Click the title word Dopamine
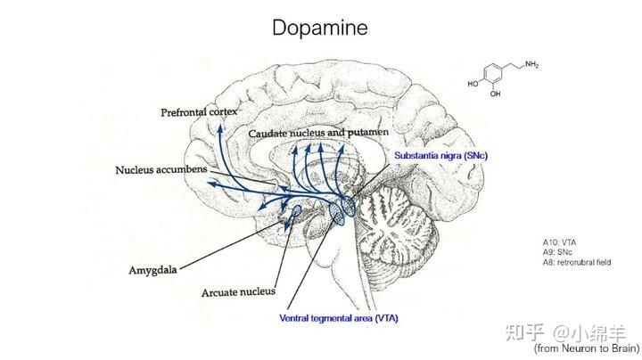pos(320,29)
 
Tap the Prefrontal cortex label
pos(199,112)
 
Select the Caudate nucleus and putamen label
pos(318,134)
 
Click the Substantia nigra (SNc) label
pos(441,155)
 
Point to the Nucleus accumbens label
pos(161,169)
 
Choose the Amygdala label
pos(152,270)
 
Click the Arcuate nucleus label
pos(238,292)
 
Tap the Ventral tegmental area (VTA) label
pos(339,318)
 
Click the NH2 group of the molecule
pos(531,64)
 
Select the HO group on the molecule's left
pos(473,84)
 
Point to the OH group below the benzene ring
pos(496,94)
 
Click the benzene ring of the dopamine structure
pos(492,76)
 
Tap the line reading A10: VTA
pos(559,242)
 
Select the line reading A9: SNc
pos(557,252)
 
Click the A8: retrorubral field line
pos(577,262)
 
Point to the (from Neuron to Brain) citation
pos(587,348)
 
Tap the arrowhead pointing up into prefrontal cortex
pos(220,129)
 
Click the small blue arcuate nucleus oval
pos(296,210)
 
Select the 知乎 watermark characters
pos(524,332)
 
